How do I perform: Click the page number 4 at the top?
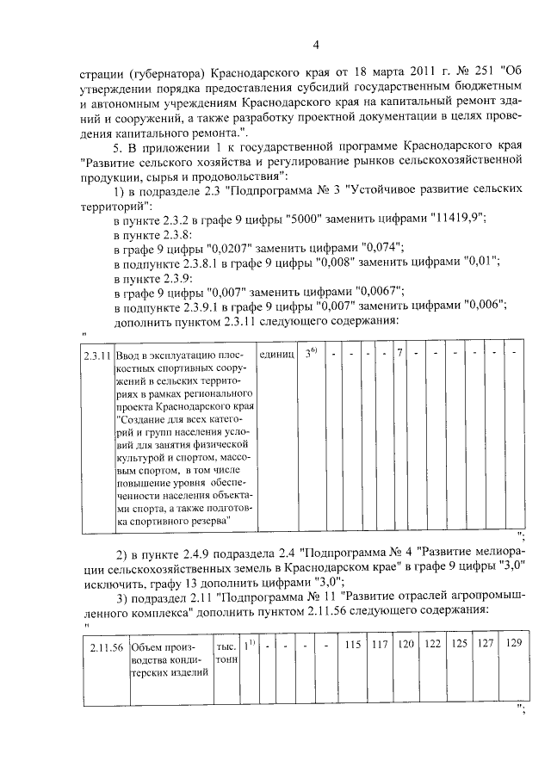coord(316,46)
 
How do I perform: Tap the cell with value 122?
coord(434,645)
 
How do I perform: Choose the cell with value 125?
coord(461,645)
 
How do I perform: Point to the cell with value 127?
coord(486,645)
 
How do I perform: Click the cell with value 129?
coord(514,645)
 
